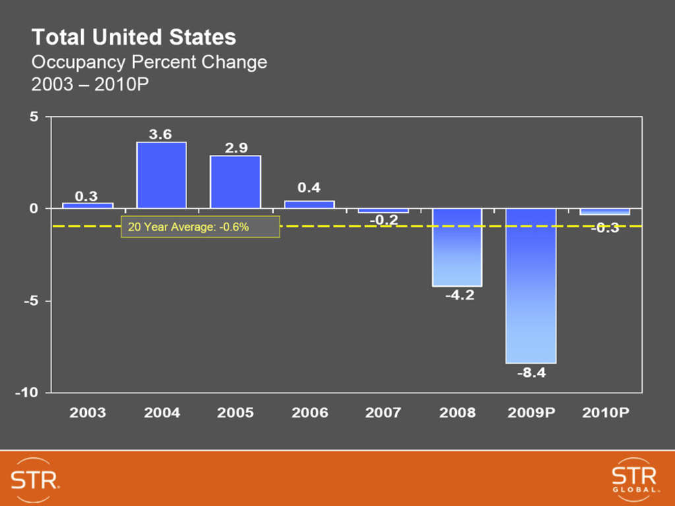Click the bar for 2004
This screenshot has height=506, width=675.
coord(161,175)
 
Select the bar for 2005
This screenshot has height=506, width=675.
coord(235,182)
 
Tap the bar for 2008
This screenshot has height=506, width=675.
coord(457,247)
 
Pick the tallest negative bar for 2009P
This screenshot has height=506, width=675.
coord(531,285)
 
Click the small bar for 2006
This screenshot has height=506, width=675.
coord(309,204)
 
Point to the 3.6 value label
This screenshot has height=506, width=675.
coord(160,134)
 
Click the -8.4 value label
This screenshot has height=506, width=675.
coord(531,373)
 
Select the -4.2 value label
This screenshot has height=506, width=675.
coord(459,296)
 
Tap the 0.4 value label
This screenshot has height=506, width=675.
coord(308,188)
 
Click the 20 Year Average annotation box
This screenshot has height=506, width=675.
coord(200,227)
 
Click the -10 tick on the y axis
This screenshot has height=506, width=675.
coord(28,393)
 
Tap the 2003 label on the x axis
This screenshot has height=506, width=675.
coord(88,413)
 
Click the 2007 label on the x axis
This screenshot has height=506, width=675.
coord(383,413)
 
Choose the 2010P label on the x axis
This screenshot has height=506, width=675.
coord(605,413)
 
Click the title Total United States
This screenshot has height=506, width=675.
coord(134,37)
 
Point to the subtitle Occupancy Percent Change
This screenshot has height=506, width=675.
coord(150,63)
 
